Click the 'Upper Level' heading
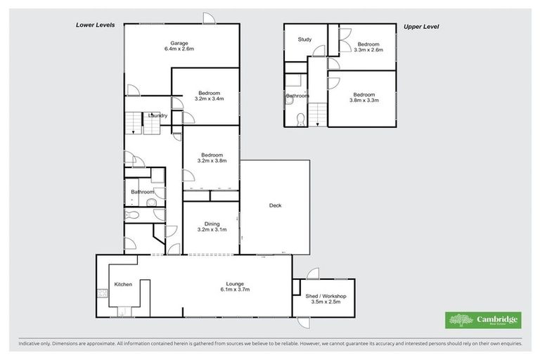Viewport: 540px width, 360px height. pyautogui.click(x=421, y=27)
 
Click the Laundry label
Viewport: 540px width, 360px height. pyautogui.click(x=157, y=115)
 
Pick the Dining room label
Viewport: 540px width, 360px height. pyautogui.click(x=211, y=225)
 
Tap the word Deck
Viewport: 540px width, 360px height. pyautogui.click(x=276, y=206)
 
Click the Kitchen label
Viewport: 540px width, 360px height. pyautogui.click(x=124, y=284)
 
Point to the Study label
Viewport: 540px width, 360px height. pyautogui.click(x=304, y=39)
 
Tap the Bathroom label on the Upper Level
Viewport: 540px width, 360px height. pyautogui.click(x=297, y=96)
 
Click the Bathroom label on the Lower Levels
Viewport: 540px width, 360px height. pyautogui.click(x=143, y=191)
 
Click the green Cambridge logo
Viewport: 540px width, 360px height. pyautogui.click(x=482, y=320)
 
